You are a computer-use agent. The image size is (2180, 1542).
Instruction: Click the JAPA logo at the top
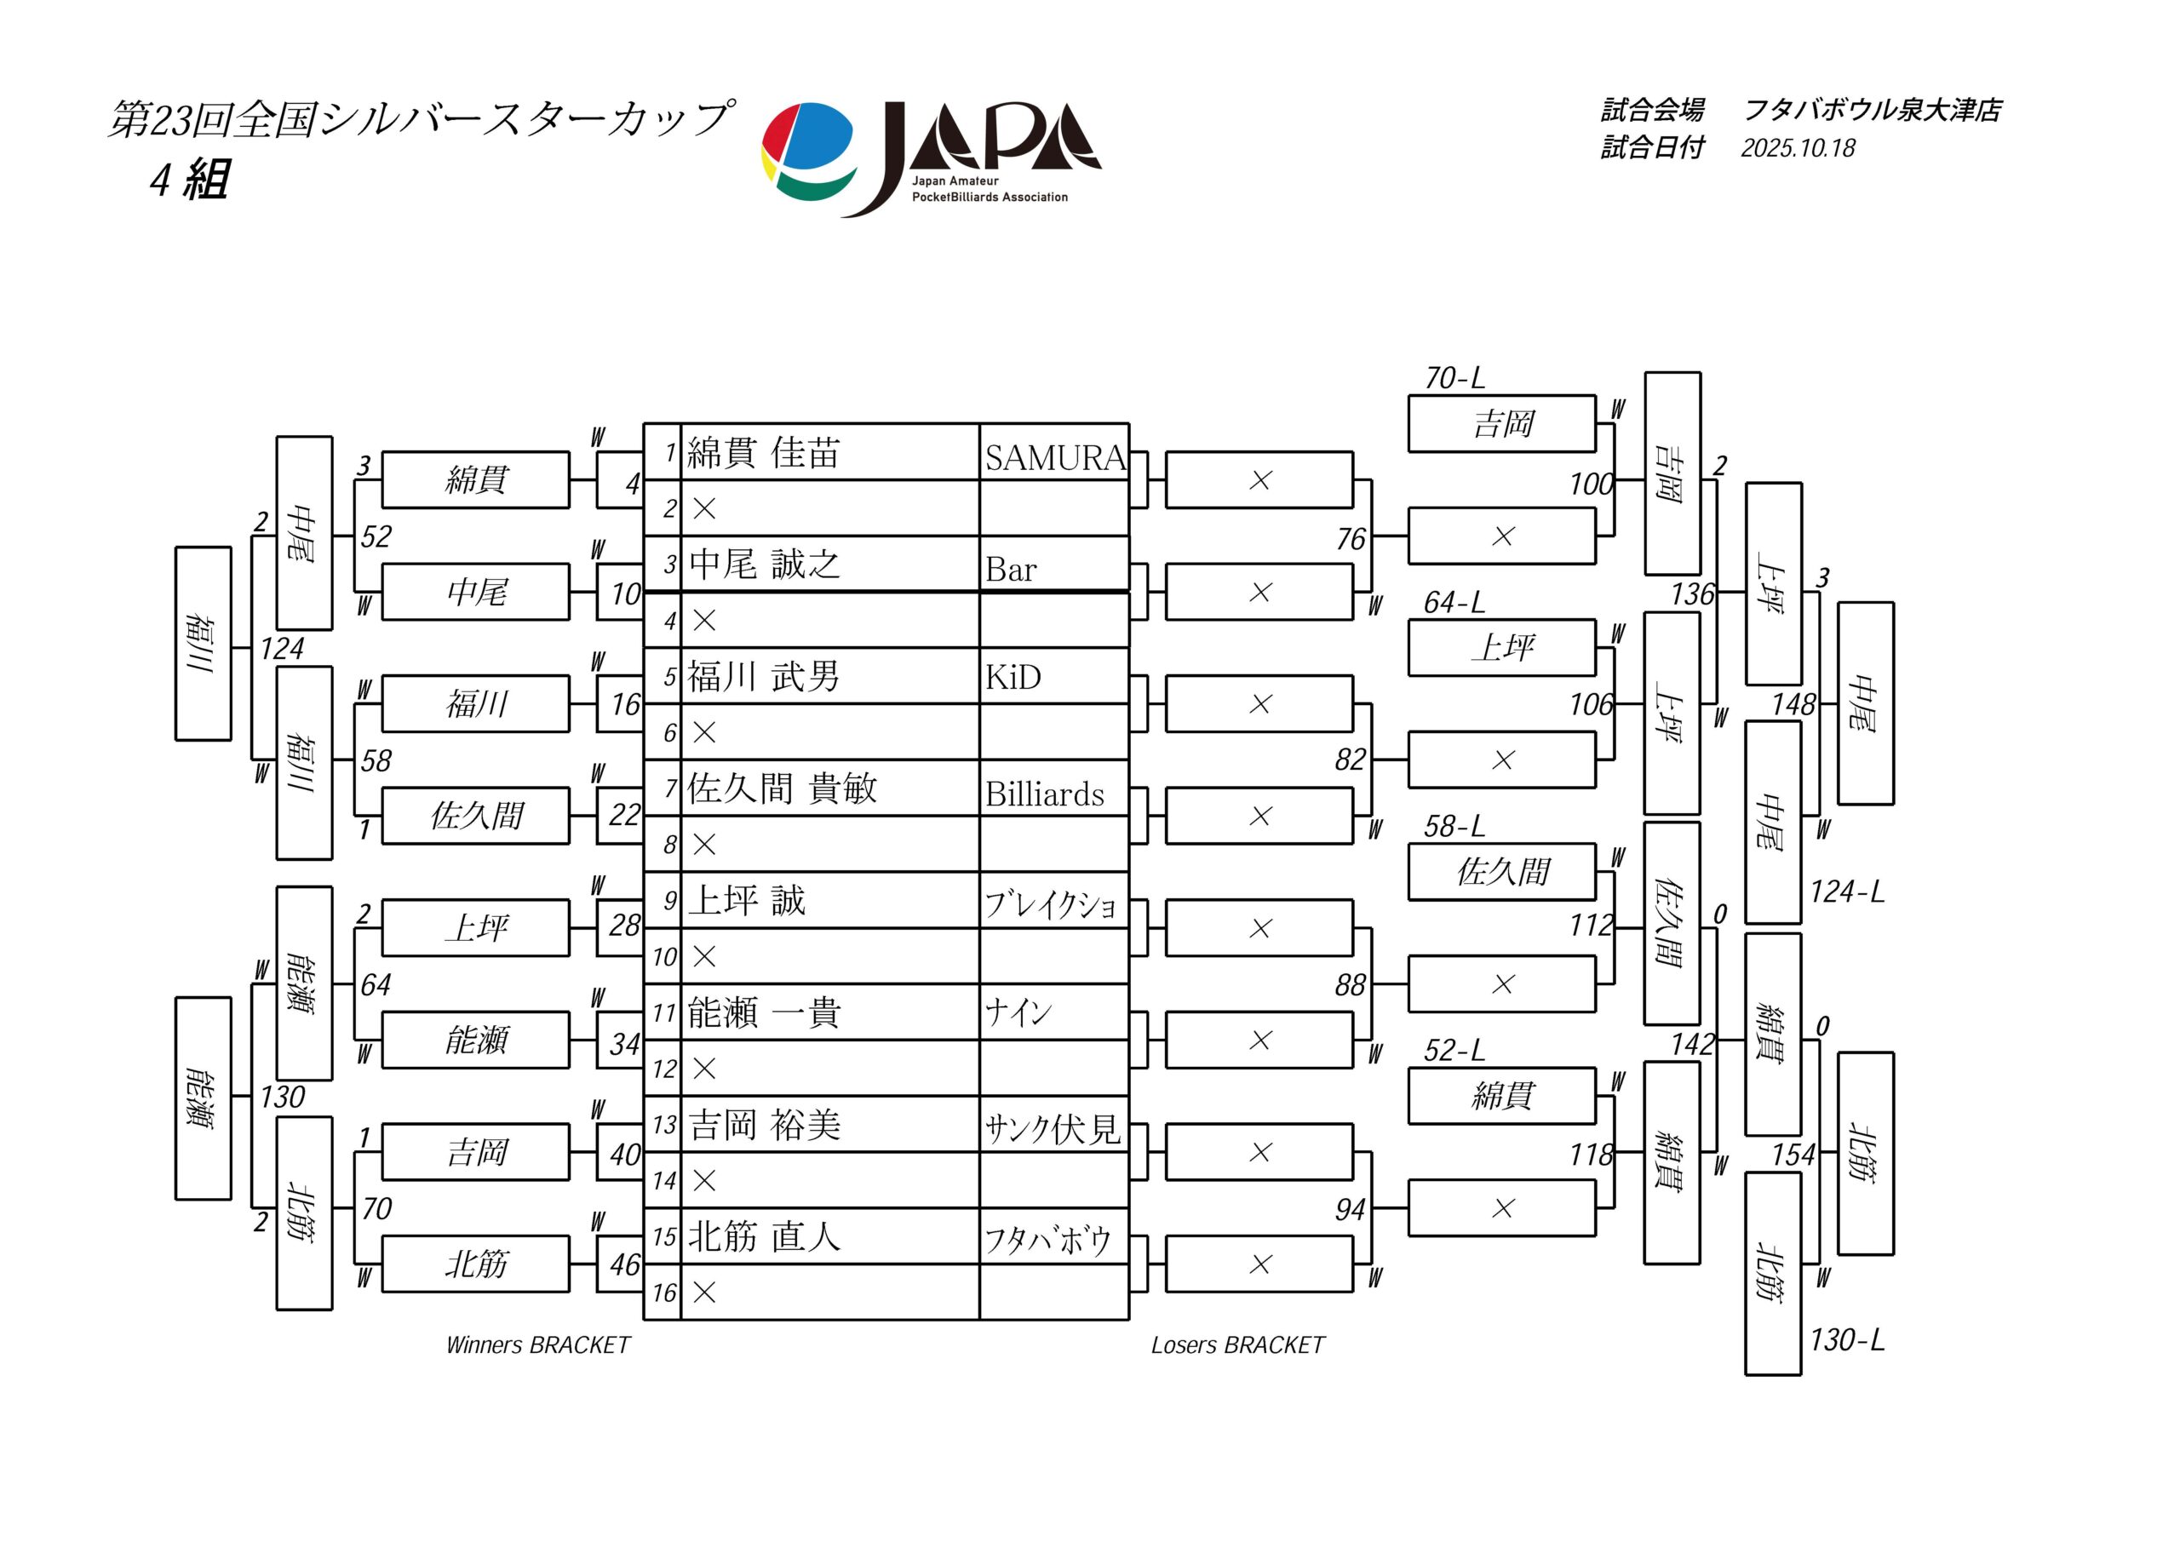[931, 157]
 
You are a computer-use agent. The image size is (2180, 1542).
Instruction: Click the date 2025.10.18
[1798, 148]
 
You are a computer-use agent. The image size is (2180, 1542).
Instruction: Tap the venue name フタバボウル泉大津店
[1873, 110]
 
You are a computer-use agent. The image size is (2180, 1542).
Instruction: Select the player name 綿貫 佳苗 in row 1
[763, 453]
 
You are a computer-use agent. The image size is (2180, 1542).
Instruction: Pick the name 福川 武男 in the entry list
[763, 677]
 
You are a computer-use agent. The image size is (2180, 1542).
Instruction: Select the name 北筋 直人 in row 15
[763, 1236]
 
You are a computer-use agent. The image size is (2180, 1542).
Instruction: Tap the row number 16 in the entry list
[663, 1293]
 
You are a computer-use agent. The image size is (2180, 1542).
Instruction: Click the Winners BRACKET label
[537, 1344]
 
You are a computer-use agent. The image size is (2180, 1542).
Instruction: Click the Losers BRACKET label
[1237, 1344]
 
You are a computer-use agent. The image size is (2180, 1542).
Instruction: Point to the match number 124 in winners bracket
[282, 649]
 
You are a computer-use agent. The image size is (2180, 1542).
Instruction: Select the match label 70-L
[1454, 378]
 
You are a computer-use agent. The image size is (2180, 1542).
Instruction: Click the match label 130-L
[1847, 1339]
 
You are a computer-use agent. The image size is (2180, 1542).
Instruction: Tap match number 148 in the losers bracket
[1793, 704]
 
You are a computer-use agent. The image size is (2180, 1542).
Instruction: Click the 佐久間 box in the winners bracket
[476, 816]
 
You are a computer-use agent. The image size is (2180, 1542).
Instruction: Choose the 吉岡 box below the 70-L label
[1502, 423]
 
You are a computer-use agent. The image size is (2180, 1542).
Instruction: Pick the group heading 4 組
[189, 179]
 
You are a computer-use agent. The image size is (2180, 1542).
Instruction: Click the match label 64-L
[1454, 602]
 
